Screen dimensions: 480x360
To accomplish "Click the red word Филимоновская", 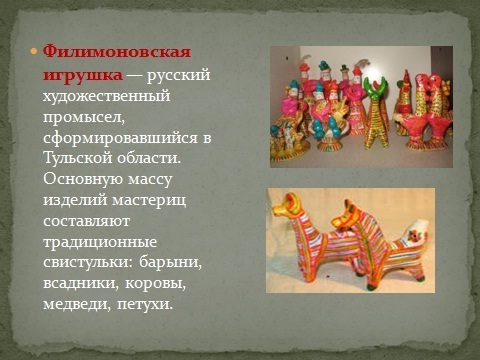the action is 117,52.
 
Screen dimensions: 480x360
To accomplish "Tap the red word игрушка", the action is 83,75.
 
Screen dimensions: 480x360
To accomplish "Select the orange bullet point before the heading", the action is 33,52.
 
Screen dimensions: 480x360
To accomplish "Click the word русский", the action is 178,75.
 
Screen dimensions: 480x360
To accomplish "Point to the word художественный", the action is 107,96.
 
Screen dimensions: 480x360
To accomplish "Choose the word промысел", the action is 84,117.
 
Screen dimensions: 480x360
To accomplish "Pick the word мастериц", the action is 149,201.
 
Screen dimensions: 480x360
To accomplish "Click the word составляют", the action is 86,221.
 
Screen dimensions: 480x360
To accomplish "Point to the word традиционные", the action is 100,242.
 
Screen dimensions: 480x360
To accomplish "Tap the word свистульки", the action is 88,262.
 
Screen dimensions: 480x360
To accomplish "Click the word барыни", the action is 170,263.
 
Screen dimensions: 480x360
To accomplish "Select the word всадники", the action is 81,284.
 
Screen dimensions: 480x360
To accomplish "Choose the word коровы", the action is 155,284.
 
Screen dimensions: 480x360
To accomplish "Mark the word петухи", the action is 145,305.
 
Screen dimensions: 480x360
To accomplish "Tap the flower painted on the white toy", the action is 413,236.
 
